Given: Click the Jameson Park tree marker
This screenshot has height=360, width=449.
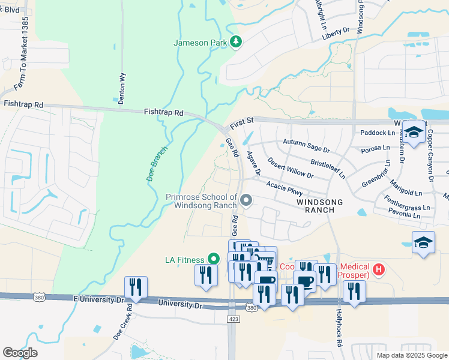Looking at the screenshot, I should [x=237, y=43].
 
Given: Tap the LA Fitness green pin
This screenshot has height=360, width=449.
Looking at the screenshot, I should [x=214, y=259].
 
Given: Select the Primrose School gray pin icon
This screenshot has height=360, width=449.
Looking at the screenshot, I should [x=245, y=200].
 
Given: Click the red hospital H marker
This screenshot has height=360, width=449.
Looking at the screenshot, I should [x=378, y=269].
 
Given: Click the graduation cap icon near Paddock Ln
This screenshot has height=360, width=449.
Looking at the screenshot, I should [x=414, y=133].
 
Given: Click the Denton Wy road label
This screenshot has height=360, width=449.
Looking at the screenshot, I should [x=122, y=89].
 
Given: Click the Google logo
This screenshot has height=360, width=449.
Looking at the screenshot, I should [x=20, y=353].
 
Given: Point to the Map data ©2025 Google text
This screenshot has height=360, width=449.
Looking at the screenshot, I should [x=411, y=355].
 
